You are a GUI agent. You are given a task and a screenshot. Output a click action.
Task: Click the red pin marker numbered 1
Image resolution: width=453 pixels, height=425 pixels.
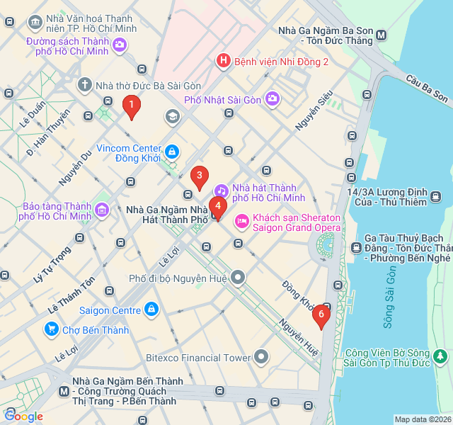pos(130,106)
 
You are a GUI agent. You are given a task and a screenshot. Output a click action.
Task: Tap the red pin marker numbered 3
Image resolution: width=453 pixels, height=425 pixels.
pos(200,176)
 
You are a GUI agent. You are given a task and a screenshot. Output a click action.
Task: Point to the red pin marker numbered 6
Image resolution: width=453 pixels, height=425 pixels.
pos(321,314)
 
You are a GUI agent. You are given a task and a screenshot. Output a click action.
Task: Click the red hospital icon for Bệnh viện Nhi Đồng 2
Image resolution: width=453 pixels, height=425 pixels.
pos(223,62)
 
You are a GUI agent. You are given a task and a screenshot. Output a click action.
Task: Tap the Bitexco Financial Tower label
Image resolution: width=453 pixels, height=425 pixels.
pos(198,358)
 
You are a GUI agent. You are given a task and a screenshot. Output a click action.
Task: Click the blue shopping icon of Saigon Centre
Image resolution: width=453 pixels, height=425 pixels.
pos(151,310)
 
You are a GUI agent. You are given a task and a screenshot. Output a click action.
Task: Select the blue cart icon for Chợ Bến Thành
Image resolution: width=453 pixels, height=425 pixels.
pos(51,329)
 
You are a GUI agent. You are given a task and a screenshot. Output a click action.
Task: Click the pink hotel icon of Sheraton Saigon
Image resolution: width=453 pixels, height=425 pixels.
pos(242,222)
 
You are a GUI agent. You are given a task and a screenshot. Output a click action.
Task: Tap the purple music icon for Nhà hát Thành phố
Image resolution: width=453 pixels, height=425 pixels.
pos(222,191)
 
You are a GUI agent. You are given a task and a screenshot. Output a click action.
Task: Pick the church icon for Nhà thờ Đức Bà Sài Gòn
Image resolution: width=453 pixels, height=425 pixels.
pos(84,86)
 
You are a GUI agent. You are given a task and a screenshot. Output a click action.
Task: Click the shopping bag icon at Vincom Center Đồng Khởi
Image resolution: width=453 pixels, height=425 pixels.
pos(171,152)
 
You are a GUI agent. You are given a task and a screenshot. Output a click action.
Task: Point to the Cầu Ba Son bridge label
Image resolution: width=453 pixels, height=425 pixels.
pos(427,86)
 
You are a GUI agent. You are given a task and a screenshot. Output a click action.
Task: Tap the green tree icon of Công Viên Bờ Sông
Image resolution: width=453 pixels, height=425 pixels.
pos(440,354)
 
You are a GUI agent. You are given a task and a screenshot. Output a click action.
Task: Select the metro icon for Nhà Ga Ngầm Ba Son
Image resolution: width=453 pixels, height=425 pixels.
pos(382,35)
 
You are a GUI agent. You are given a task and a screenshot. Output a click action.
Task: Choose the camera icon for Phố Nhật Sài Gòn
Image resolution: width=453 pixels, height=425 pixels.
pos(272,99)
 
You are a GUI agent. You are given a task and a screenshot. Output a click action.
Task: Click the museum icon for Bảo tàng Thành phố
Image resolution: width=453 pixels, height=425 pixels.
pos(102,210)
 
